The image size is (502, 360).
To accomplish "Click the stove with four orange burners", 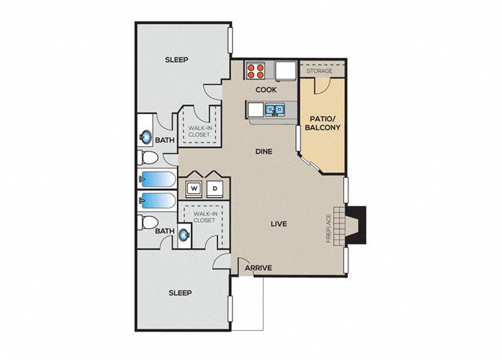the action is coord(255,70).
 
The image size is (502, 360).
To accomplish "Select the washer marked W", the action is coord(194,189).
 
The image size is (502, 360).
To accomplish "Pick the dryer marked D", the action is coord(214,189).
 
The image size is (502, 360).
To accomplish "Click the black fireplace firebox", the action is coord(357,225).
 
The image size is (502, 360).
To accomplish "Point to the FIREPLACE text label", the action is coord(328,228).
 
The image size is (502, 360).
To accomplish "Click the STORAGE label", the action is coord(319,70).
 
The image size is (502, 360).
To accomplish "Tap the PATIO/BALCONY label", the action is coord(322,124).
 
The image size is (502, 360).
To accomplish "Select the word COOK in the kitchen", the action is coord(266,90).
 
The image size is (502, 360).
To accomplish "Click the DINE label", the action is coord(264,151).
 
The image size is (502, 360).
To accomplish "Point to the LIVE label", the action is coord(279,223).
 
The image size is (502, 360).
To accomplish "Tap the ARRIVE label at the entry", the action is coord(258,268).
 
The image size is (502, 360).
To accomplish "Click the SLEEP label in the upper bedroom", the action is coord(176,60).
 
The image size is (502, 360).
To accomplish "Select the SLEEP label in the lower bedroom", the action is coord(181,292).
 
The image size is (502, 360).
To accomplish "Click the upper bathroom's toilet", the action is coord(148,157).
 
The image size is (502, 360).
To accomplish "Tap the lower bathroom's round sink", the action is coord(185,235).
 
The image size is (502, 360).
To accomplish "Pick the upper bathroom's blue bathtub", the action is coord(157,179).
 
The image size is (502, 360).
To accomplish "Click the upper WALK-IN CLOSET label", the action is coord(199,131).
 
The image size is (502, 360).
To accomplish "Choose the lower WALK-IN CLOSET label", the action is coord(205,217).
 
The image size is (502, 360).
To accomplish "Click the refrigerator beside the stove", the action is coord(285,70).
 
